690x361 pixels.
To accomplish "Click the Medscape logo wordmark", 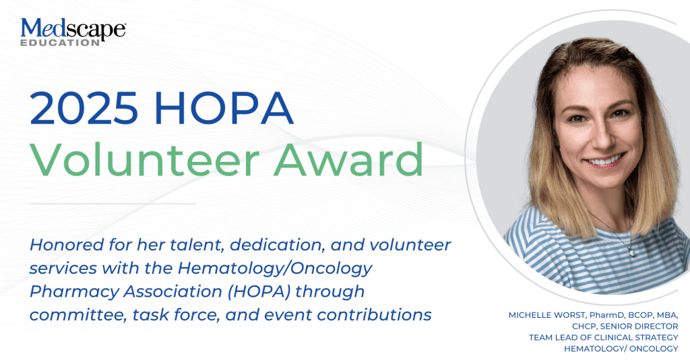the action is pos(73,28).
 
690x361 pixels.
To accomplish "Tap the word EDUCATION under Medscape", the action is pos(60,43).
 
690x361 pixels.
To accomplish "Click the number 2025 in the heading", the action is pos(84,109).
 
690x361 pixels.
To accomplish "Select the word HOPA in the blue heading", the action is pos(224,109).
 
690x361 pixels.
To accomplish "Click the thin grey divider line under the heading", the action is pos(113,204).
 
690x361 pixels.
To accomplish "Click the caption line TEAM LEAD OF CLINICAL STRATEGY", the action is pos(603,337).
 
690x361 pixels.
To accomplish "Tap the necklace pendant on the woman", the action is pos(631,253).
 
